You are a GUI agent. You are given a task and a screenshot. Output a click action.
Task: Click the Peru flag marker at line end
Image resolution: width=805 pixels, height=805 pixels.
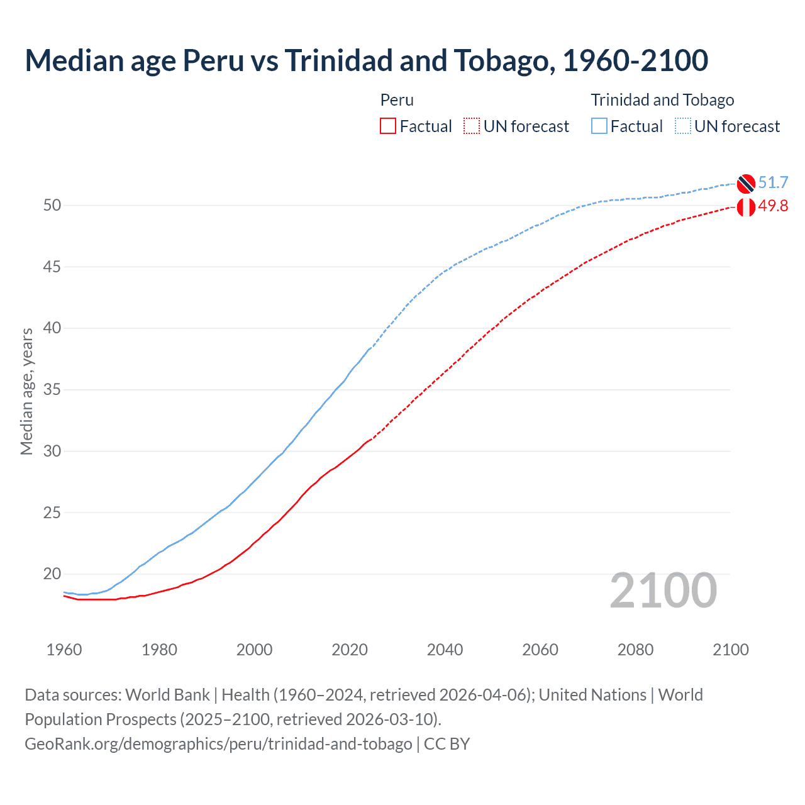746,206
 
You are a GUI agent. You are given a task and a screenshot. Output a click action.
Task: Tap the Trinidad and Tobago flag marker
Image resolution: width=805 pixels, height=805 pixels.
746,184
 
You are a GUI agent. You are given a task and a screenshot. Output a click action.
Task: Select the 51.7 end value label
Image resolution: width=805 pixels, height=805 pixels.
773,183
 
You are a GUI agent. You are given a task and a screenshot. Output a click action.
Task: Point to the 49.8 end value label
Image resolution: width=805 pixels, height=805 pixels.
773,206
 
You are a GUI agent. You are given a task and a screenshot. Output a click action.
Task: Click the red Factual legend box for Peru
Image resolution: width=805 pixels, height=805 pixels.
388,126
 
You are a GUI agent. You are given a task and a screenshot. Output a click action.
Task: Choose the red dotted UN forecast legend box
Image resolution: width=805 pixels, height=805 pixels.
472,126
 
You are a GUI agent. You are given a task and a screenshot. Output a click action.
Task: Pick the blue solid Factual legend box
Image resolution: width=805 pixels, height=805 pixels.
599,126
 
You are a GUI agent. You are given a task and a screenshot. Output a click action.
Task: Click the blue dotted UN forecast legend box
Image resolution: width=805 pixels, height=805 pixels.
683,126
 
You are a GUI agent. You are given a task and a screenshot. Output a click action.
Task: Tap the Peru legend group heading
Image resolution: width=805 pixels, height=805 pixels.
397,100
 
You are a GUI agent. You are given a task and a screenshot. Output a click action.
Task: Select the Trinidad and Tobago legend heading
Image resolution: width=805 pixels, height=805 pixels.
662,100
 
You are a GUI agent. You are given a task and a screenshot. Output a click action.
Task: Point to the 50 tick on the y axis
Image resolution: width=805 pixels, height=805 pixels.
52,206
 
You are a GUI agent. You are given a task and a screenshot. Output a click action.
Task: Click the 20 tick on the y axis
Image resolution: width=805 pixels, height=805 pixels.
52,574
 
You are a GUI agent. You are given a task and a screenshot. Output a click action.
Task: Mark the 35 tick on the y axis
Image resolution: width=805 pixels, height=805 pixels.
52,390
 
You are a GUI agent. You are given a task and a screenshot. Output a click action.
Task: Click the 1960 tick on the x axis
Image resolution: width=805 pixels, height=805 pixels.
64,650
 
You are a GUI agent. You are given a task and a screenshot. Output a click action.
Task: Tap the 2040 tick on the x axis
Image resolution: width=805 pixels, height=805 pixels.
445,650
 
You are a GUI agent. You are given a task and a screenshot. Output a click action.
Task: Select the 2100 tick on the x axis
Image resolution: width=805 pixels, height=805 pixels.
731,650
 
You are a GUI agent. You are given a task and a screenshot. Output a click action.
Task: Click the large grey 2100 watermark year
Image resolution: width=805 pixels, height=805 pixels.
663,591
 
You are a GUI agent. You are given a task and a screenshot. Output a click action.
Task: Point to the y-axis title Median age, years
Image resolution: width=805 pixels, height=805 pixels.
26,391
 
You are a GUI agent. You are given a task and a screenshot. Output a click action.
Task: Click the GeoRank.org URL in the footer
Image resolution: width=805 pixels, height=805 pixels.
218,744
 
